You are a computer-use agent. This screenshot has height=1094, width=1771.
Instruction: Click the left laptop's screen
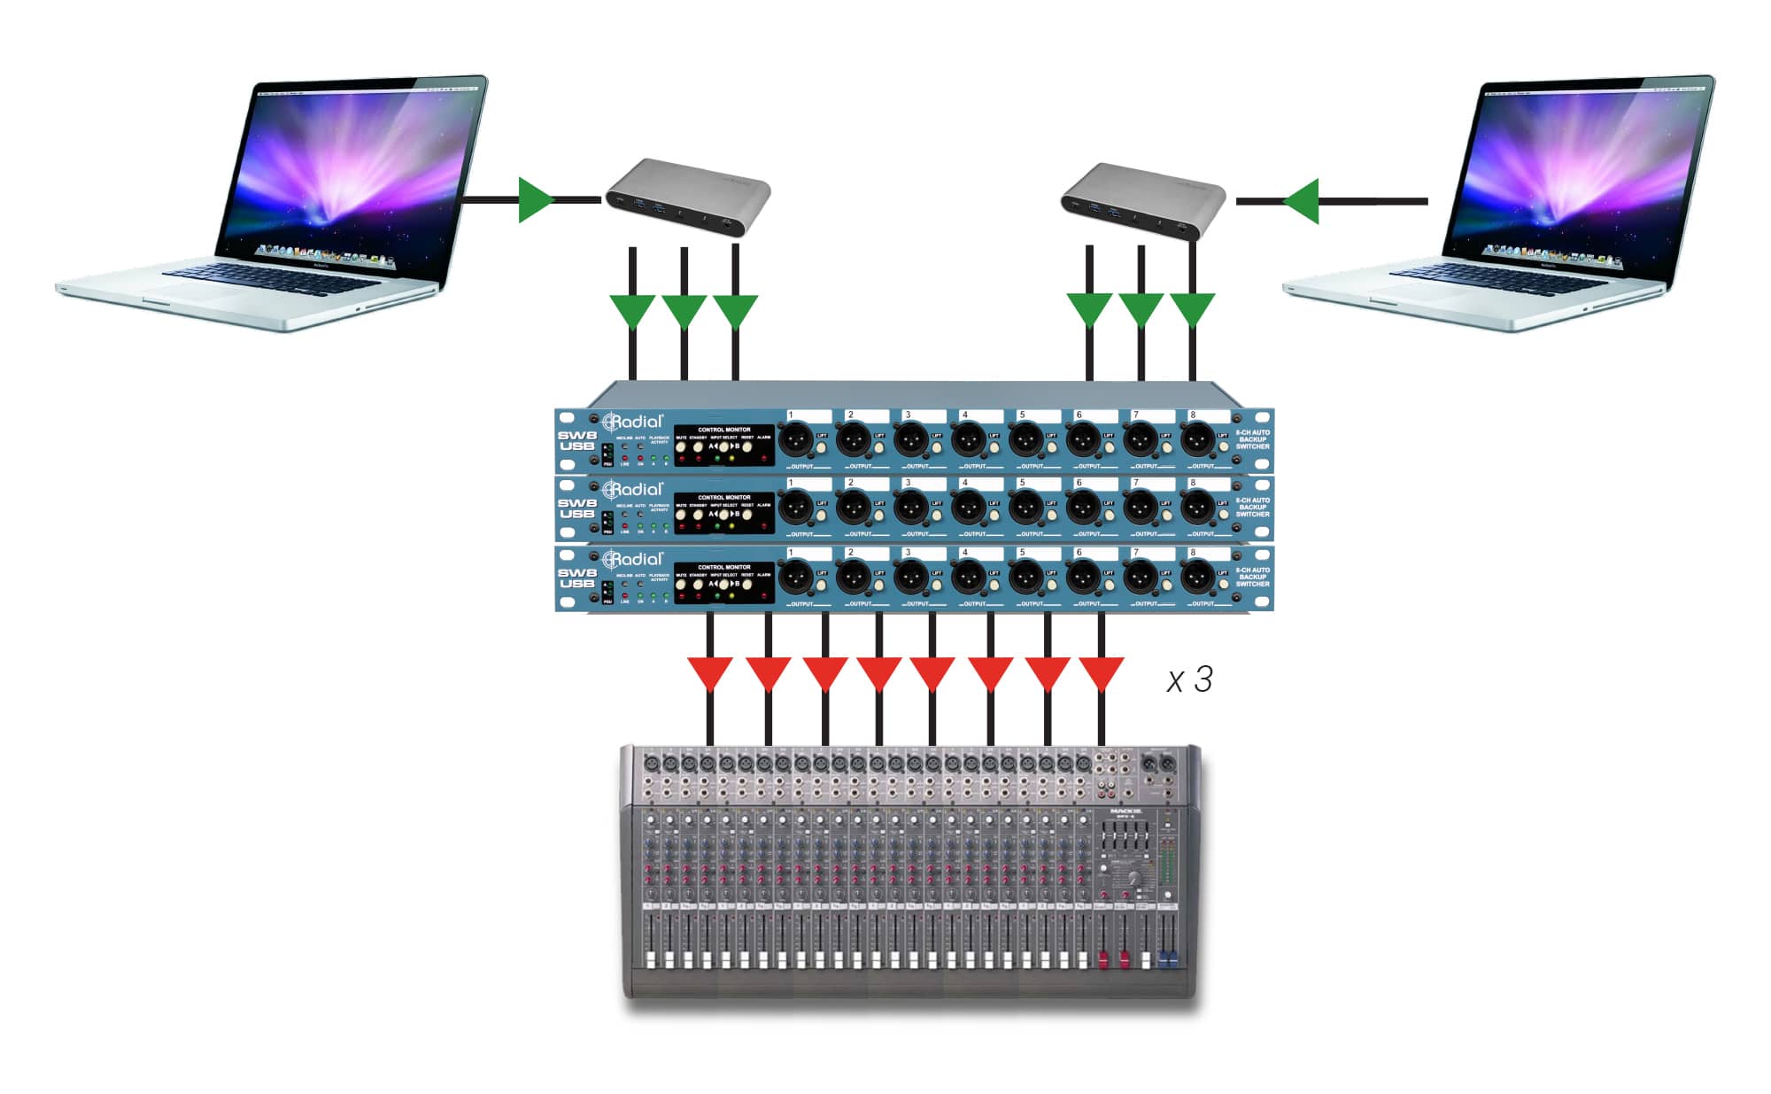pos(354,173)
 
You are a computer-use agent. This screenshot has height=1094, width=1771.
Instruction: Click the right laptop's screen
pos(1582,173)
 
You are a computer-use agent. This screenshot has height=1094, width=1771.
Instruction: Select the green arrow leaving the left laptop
pos(535,200)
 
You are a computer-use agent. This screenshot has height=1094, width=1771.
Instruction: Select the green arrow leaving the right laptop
pos(1302,201)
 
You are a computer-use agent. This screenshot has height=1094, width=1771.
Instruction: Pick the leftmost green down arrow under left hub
pos(632,311)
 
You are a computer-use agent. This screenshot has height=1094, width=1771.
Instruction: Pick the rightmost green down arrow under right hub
pos(1193,311)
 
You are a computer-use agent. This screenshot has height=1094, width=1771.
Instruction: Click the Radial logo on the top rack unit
pos(632,422)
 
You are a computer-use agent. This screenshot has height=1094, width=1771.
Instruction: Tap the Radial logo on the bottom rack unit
pos(632,560)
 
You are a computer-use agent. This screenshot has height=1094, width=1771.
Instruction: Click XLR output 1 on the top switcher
pos(796,438)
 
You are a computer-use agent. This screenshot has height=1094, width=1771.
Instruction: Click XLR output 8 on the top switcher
pos(1197,438)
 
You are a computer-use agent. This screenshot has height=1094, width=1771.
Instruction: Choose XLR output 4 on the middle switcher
pos(968,507)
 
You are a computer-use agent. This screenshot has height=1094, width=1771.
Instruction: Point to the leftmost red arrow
pos(710,672)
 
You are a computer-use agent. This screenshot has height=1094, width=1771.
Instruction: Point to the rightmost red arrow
pos(1102,672)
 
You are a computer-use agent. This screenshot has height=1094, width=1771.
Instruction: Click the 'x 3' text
pos(1189,680)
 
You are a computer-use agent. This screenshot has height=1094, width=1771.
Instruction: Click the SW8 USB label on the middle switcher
pos(576,508)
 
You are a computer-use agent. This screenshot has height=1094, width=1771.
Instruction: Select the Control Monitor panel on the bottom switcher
pos(724,583)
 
